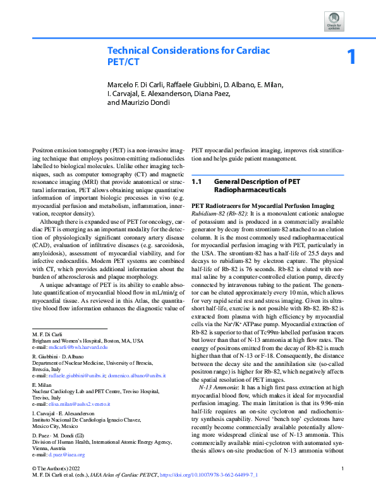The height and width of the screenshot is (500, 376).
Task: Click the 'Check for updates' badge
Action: [x=334, y=20]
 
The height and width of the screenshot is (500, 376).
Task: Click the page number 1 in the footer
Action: [x=342, y=485]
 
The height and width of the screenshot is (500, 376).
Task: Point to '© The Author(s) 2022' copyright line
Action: [x=56, y=485]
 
